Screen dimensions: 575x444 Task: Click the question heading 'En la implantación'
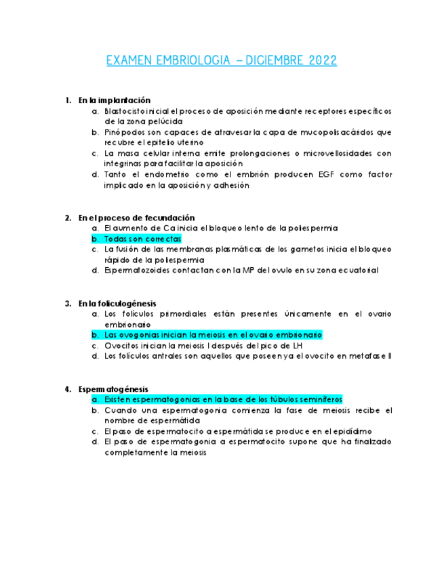(114, 100)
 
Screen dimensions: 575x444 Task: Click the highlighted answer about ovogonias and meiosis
(213, 335)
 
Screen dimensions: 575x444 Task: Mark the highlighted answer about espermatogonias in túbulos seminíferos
(224, 399)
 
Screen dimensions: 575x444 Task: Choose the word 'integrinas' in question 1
(127, 163)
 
